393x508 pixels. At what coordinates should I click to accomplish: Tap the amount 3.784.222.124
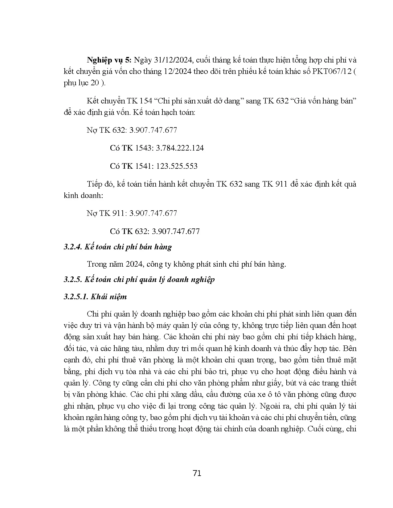click(x=180, y=148)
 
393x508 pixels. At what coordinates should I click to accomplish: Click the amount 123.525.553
click(x=177, y=166)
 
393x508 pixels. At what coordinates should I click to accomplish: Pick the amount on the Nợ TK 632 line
click(x=154, y=130)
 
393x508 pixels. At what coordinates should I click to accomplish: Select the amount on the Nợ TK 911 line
click(x=154, y=213)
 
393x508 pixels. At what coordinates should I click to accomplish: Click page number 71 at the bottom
click(x=197, y=473)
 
